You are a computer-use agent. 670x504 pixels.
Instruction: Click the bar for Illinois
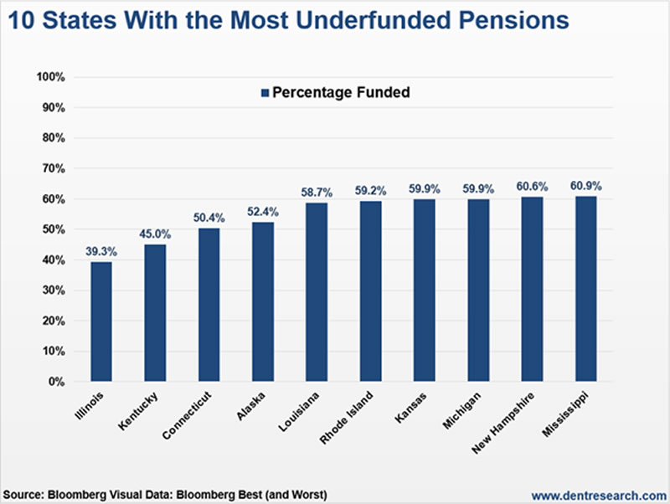click(100, 321)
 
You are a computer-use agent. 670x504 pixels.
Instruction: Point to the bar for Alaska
click(262, 301)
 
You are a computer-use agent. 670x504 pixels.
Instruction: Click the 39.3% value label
click(100, 250)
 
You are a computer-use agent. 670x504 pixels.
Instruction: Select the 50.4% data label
click(209, 217)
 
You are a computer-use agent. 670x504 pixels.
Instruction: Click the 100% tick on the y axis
click(51, 78)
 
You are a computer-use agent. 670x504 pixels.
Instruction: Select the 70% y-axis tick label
click(54, 169)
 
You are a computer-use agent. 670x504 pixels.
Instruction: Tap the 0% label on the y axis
click(57, 382)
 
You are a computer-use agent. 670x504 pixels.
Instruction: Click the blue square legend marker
click(265, 93)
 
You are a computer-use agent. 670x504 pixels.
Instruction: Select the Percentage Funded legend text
click(342, 93)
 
